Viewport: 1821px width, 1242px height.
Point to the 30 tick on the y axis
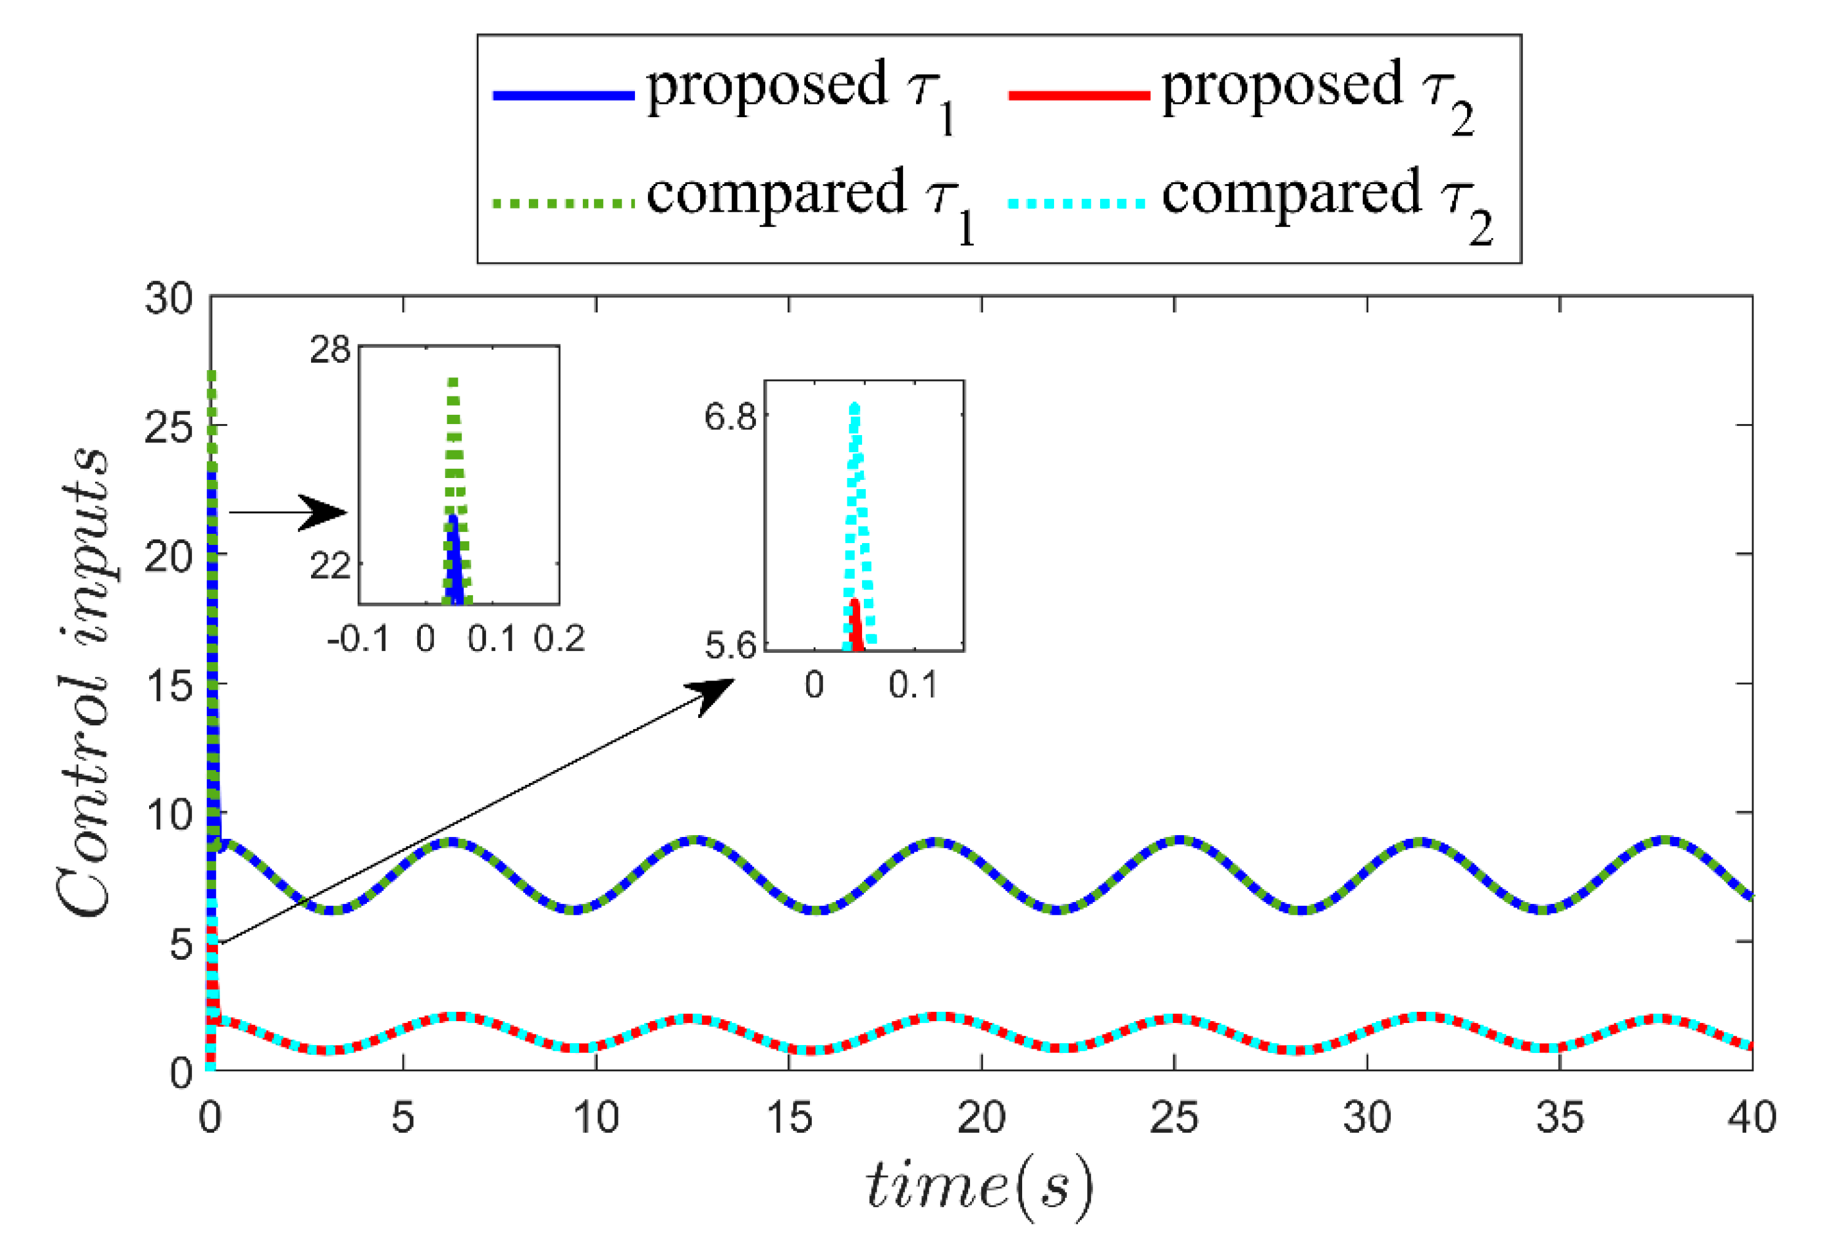pos(167,299)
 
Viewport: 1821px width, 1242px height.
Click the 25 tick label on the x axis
pos(1174,1117)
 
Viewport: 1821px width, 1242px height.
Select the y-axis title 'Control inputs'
pos(82,682)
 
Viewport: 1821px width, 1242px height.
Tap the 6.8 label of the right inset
pos(730,416)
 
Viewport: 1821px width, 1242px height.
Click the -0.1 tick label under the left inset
pos(358,639)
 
